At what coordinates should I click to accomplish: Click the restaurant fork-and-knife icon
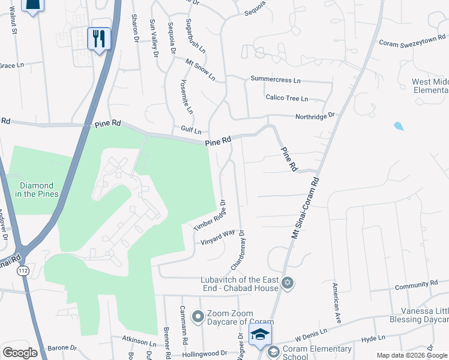point(98,39)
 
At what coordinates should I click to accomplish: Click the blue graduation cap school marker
point(260,334)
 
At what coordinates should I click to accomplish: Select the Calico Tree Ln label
point(286,98)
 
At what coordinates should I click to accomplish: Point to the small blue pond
point(399,126)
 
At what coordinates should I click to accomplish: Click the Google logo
point(20,352)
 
